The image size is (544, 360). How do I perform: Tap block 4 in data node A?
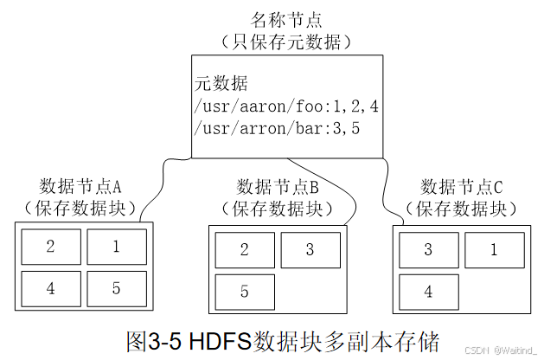(x=50, y=289)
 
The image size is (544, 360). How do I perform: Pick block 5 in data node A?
(x=117, y=289)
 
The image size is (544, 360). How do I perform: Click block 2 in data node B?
(x=245, y=251)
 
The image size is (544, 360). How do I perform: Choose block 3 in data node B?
(x=310, y=251)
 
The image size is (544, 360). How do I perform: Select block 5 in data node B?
(x=245, y=292)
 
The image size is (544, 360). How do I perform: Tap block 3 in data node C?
(x=428, y=251)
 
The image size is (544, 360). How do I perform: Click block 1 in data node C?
(x=494, y=251)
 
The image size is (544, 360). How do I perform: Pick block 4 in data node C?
(x=428, y=292)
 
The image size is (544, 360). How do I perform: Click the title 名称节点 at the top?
(x=286, y=20)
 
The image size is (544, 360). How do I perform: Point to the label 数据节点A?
(x=82, y=186)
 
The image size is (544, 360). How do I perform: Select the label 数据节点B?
(x=278, y=188)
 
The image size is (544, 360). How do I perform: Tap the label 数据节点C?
(x=461, y=188)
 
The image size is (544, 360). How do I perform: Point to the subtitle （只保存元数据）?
(x=286, y=42)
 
